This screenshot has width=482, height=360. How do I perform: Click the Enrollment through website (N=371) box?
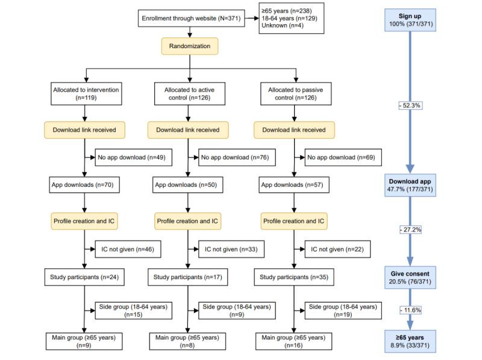[190, 19]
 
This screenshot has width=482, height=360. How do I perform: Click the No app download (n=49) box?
[125, 158]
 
